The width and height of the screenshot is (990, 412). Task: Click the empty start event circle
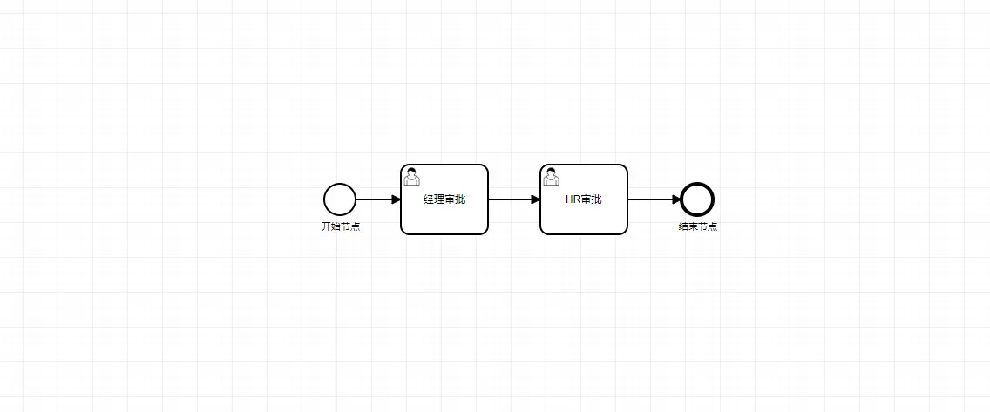point(340,199)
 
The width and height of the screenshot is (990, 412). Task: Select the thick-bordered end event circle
point(697,199)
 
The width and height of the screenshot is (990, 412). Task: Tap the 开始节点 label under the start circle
point(341,226)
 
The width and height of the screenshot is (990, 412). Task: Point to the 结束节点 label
point(698,226)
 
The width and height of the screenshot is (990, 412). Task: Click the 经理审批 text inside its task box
point(444,199)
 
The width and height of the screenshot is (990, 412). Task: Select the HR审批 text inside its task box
point(584,199)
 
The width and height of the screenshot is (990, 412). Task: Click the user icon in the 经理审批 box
point(411,177)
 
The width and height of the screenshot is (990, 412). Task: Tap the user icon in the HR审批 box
point(551,177)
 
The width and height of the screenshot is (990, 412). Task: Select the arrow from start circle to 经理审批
point(375,199)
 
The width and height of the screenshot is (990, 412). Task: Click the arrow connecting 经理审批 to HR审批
point(512,199)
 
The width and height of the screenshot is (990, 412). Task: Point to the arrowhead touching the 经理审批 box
point(396,199)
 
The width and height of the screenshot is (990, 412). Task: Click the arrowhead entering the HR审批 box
point(535,199)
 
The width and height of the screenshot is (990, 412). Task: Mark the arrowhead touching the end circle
point(676,199)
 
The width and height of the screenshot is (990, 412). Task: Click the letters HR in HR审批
point(573,199)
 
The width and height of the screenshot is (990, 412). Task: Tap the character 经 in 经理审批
point(429,199)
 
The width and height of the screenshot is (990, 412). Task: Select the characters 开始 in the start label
point(331,226)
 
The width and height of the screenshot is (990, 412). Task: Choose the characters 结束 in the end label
point(688,226)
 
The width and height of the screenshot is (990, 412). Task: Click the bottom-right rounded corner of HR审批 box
point(624,231)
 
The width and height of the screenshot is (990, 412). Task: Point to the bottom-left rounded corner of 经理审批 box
point(404,231)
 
